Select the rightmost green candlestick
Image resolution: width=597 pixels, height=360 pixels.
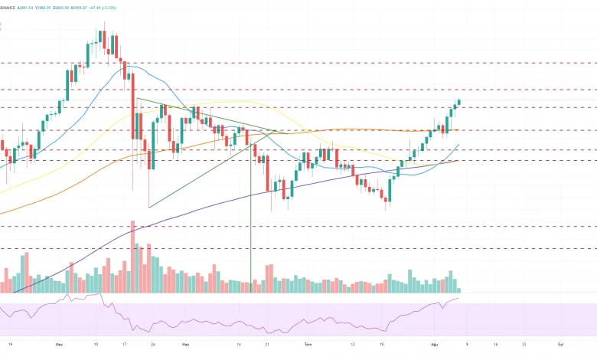(459, 101)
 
